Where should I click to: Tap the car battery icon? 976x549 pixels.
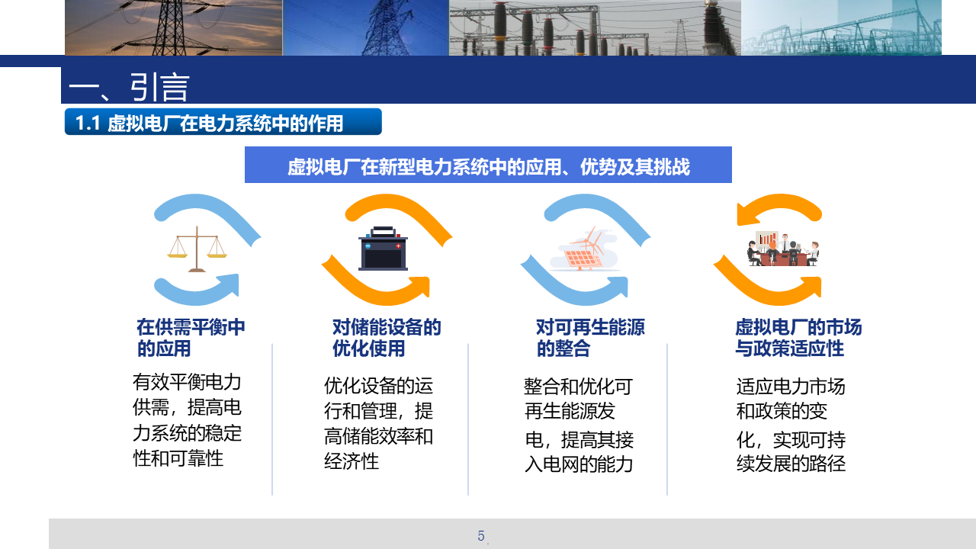click(x=383, y=249)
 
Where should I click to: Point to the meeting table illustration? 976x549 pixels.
click(x=783, y=249)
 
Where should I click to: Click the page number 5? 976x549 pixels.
click(x=481, y=535)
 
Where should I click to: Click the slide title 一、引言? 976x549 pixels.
click(x=129, y=87)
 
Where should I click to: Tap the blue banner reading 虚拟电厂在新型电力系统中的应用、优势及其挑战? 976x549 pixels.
click(x=488, y=165)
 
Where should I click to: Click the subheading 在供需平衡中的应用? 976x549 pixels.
click(x=191, y=338)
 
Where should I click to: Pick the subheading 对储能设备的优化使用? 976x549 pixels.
click(x=387, y=338)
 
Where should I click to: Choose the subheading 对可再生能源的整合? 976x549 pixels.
click(x=590, y=338)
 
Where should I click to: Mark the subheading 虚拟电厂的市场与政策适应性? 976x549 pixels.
click(x=798, y=338)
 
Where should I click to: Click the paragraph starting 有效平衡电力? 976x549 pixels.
click(x=187, y=420)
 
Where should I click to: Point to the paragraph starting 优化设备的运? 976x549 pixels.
click(x=378, y=423)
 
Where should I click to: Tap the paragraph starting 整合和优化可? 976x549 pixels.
click(x=579, y=425)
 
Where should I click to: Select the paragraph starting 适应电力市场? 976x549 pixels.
click(x=791, y=425)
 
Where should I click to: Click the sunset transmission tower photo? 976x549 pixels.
click(x=173, y=27)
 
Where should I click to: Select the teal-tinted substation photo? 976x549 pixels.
click(x=841, y=27)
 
